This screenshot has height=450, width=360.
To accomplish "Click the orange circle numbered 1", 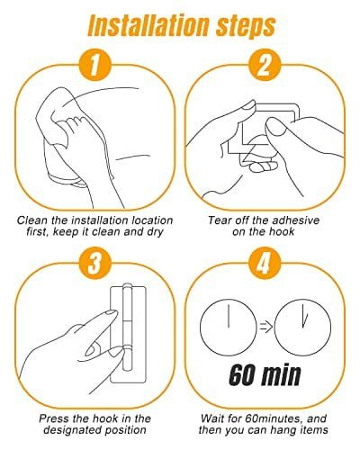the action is coord(95,65).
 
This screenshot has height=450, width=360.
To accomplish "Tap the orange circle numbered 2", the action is coord(265,65).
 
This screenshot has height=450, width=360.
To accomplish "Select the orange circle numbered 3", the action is coord(95,263).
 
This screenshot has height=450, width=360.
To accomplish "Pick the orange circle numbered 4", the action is coord(265,263).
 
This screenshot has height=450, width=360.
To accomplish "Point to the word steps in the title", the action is coord(246,27).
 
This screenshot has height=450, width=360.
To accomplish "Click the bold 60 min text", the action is coord(265,375).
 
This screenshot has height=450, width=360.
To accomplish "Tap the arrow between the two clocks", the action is coord(265,326).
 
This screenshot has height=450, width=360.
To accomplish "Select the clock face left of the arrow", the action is coord(229,327).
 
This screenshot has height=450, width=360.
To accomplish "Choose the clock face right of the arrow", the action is coord(302,327).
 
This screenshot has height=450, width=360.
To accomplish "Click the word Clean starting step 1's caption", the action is coord(32,220).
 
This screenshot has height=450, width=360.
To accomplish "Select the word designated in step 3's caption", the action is coord(73,430).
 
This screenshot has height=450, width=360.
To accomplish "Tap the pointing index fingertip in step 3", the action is coord(113,313).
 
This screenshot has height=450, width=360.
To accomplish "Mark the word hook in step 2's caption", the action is coord(282,232).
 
